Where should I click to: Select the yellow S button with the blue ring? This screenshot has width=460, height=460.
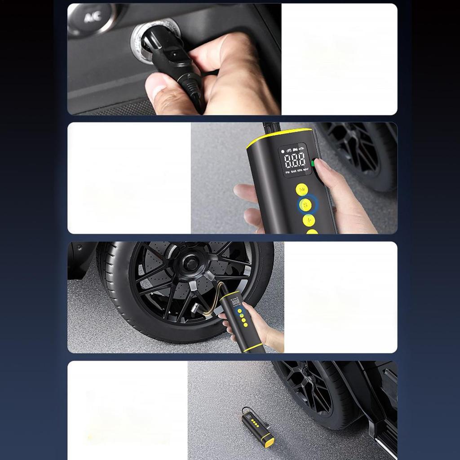pos(305,205)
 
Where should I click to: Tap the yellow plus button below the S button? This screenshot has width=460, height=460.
pos(309,220)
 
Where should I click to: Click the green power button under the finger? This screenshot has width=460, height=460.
pos(313,163)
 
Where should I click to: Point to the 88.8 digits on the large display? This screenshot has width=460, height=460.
pos(295,160)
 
